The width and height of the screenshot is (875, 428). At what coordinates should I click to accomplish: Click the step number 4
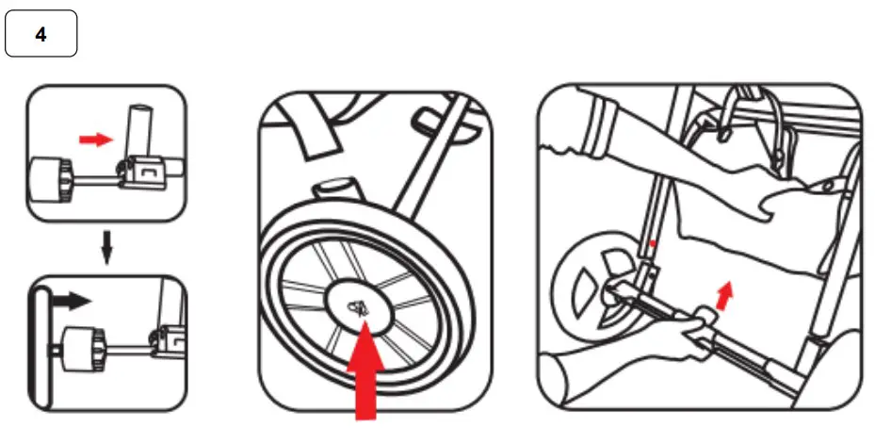(41, 35)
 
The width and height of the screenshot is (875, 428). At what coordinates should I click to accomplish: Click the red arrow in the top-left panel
(93, 140)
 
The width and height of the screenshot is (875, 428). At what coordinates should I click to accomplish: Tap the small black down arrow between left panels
(106, 250)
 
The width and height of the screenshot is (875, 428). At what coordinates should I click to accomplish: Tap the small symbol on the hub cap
(359, 305)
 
